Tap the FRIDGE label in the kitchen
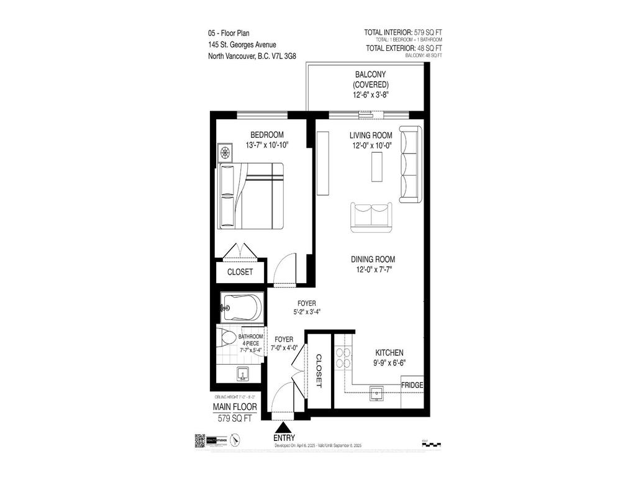[412, 385]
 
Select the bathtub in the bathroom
[243, 306]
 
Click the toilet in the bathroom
[229, 339]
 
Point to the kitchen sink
[376, 392]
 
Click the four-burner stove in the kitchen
[343, 358]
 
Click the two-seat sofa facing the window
[371, 215]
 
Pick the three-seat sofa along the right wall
[410, 164]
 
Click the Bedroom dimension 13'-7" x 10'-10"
[267, 145]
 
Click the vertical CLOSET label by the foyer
[319, 371]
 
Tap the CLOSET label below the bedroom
[240, 272]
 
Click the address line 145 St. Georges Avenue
[242, 44]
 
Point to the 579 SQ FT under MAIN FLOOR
[235, 418]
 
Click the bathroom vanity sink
[243, 373]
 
